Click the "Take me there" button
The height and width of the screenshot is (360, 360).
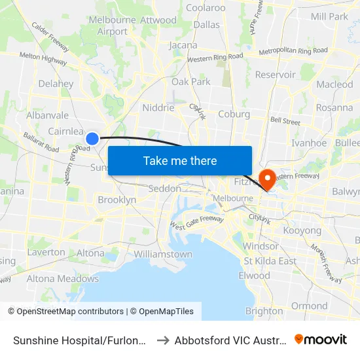click(x=180, y=160)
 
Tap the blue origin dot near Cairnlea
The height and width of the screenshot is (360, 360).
click(x=92, y=138)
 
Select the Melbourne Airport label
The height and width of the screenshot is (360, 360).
click(x=112, y=26)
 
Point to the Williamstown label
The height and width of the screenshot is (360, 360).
click(x=163, y=254)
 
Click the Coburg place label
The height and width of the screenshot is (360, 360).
click(x=234, y=114)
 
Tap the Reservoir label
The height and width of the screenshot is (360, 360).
click(x=275, y=75)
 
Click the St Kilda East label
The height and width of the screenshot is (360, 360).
click(x=270, y=261)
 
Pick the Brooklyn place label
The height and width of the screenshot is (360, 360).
click(x=117, y=200)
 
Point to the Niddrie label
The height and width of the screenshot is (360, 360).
click(x=158, y=107)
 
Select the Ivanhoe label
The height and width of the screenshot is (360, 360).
click(x=308, y=143)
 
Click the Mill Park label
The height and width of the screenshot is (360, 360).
click(x=330, y=16)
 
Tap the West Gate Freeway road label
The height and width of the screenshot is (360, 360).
click(x=196, y=223)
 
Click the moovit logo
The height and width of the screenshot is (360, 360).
click(x=321, y=339)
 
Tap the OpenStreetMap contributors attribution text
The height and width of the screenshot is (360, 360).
click(x=67, y=312)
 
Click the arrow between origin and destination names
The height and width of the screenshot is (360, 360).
click(x=163, y=340)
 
